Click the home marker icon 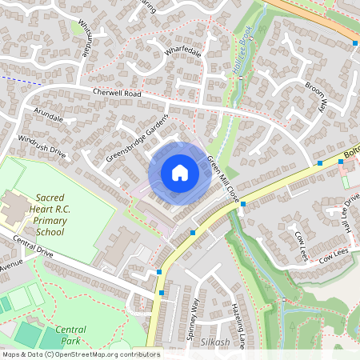click(180, 173)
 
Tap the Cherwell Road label click(116, 93)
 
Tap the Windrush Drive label click(42, 146)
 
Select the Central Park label click(71, 334)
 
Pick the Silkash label click(215, 341)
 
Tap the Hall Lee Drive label click(350, 210)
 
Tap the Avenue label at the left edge click(11, 265)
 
